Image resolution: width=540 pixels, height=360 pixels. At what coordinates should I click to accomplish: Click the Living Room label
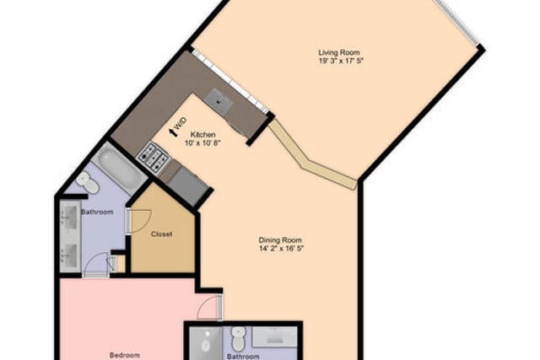[339, 52]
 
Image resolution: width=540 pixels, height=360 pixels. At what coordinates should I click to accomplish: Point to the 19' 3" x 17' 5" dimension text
[341, 62]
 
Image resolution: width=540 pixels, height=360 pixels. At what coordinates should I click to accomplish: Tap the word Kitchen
[203, 135]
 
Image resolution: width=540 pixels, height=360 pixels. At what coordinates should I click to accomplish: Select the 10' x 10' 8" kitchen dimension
[202, 142]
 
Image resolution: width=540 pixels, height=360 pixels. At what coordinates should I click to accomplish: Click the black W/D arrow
[173, 132]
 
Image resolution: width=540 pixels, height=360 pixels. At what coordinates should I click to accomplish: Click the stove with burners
[153, 157]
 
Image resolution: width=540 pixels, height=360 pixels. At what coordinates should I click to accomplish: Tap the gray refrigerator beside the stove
[186, 184]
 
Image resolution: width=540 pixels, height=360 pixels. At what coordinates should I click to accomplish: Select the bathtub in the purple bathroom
[119, 169]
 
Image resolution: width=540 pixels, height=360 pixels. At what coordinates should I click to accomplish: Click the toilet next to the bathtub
[88, 182]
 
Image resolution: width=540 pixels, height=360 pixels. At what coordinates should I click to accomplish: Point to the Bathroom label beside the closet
[97, 212]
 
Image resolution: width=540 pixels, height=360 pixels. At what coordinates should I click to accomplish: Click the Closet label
[161, 234]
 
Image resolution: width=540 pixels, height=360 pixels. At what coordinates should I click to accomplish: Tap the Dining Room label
[280, 240]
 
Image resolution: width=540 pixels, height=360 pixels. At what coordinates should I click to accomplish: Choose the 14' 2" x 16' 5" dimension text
[281, 249]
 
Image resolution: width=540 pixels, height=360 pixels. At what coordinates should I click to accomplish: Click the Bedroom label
[125, 355]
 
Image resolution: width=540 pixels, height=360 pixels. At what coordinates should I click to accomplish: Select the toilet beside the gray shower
[238, 339]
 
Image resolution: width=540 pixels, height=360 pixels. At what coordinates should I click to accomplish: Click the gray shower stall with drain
[207, 343]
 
